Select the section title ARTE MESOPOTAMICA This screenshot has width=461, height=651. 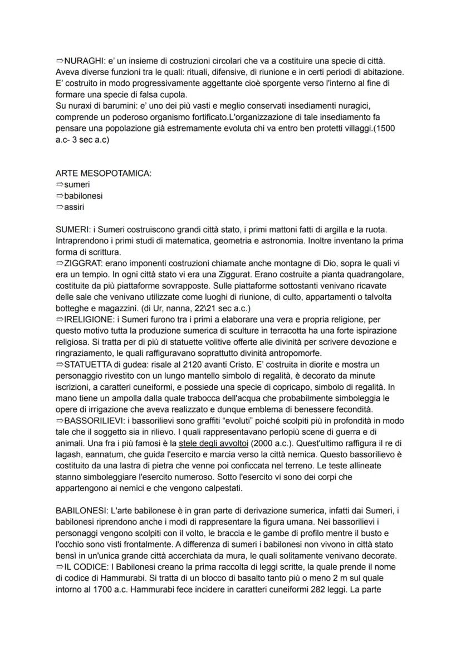(104, 173)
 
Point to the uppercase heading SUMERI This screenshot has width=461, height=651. (73, 229)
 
